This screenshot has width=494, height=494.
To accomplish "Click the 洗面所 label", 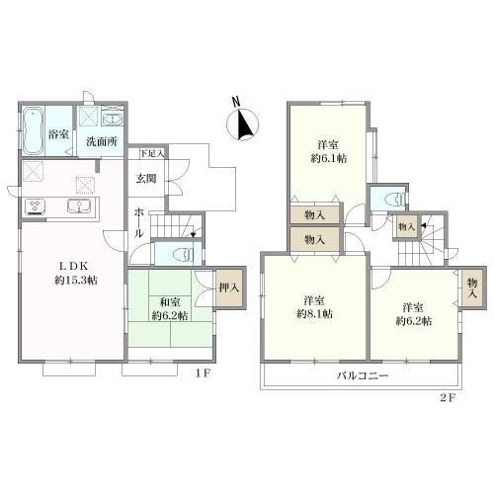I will tap(100, 142).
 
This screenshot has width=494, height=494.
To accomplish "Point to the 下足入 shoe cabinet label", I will tap(151, 153).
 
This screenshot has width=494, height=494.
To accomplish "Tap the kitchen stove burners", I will tap(38, 206).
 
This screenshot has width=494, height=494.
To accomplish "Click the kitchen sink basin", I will tap(77, 206).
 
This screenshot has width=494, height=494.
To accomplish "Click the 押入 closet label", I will tap(227, 288).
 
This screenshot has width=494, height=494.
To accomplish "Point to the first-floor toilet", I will tap(179, 254).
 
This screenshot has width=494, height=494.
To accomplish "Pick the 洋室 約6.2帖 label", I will tap(413, 314).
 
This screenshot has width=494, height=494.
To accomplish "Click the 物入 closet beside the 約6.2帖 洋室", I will tap(472, 288).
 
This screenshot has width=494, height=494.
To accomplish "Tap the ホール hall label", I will tap(140, 221).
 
